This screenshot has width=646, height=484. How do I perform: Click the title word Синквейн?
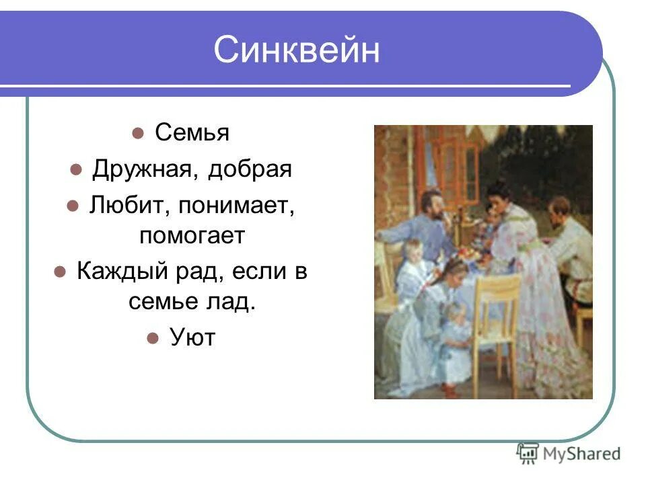click(296, 49)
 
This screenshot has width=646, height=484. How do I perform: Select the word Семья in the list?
click(192, 132)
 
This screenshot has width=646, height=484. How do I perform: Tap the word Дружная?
click(142, 169)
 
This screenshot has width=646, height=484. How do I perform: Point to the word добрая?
click(250, 169)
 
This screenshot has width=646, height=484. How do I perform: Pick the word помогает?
click(192, 235)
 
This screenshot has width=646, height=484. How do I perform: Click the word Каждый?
click(122, 271)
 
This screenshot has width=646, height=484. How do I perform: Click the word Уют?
click(192, 337)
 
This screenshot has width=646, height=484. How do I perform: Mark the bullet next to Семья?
click(137, 133)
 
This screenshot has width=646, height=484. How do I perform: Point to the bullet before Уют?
click(153, 338)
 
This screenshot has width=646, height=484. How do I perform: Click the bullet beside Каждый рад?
click(60, 272)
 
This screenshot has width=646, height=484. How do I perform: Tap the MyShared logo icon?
click(528, 453)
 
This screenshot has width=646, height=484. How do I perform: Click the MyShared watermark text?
click(581, 454)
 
